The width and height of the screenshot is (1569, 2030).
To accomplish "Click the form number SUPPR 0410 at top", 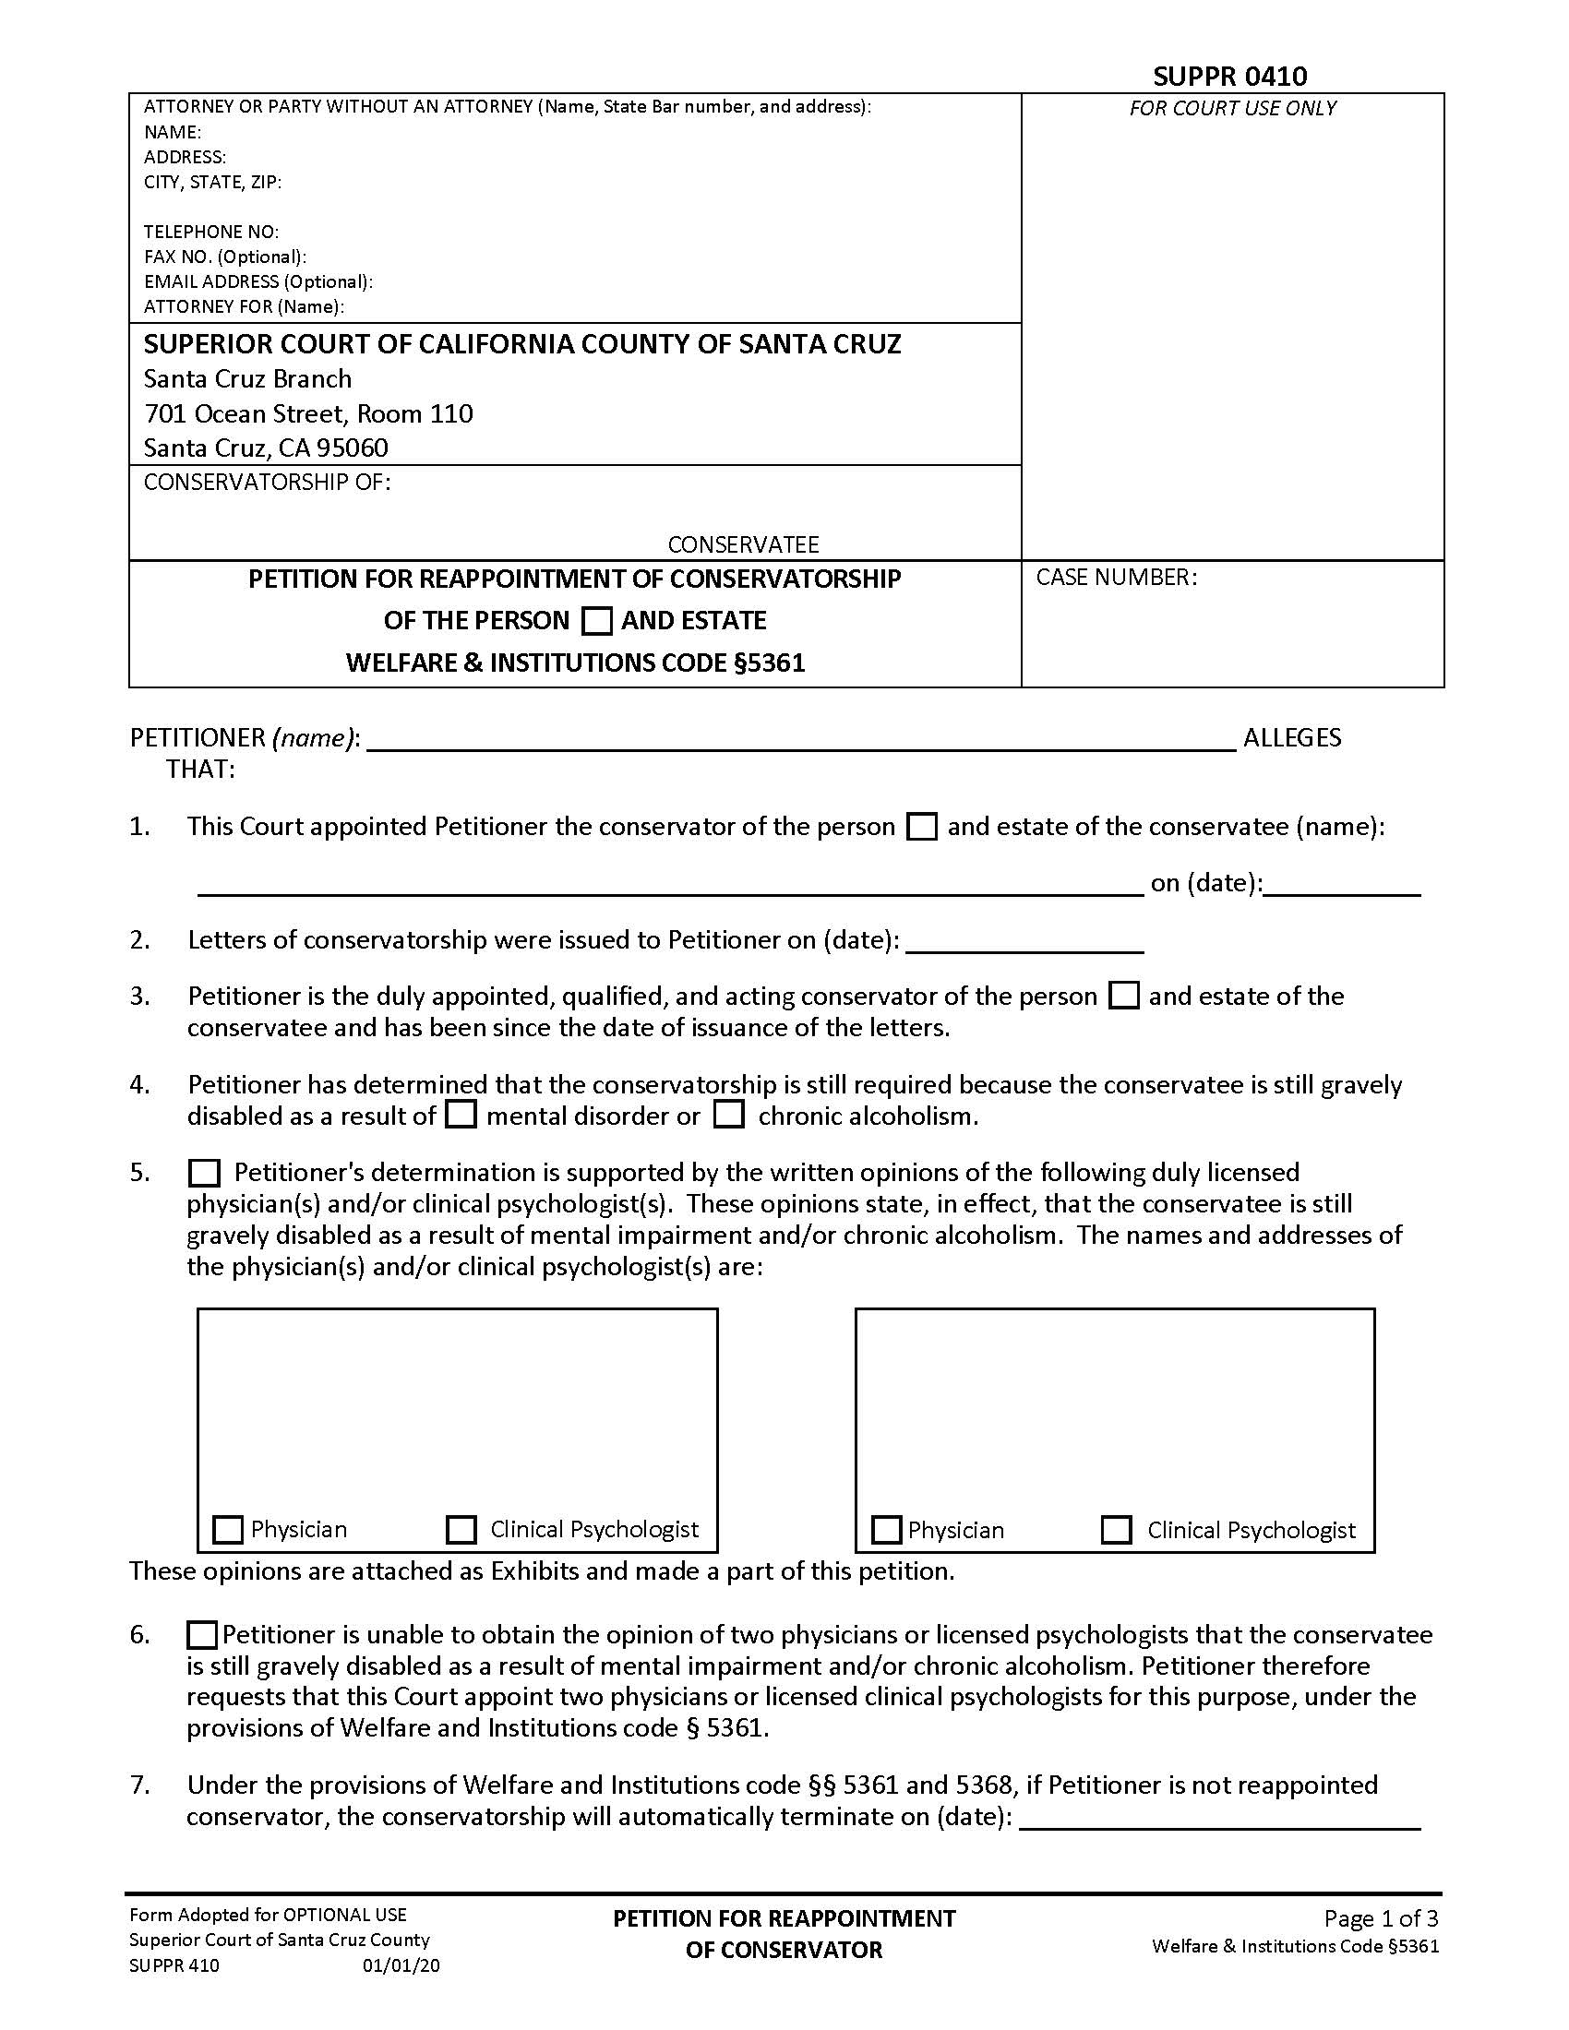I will [1228, 76].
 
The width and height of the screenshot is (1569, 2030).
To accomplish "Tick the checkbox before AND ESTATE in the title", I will [596, 621].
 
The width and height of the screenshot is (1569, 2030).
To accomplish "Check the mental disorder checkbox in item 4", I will [461, 1115].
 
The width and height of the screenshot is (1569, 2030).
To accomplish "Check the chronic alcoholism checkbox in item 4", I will [729, 1115].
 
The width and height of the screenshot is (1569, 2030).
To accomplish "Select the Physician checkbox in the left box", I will [228, 1529].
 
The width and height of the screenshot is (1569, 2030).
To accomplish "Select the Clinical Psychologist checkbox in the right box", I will [1116, 1529].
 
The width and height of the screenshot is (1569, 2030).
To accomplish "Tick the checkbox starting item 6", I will [202, 1634].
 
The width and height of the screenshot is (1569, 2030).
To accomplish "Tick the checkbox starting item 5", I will [204, 1173].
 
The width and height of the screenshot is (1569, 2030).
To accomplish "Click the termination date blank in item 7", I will [1219, 1817].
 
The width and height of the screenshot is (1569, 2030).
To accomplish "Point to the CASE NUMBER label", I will [1116, 578].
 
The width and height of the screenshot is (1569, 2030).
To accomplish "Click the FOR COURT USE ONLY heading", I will [1232, 108].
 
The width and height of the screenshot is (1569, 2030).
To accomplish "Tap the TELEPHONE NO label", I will [211, 232].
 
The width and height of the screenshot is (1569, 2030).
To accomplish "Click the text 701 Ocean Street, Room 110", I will [307, 413].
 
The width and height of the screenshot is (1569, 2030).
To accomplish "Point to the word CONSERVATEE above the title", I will [743, 543].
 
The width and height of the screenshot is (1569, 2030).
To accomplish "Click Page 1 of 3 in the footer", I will [1381, 1917].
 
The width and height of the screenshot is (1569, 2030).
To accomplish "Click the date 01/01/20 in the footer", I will [401, 1965].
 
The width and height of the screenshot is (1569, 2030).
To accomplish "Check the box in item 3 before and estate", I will [1125, 997].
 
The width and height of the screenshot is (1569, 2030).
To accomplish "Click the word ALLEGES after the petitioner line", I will [1292, 738].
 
